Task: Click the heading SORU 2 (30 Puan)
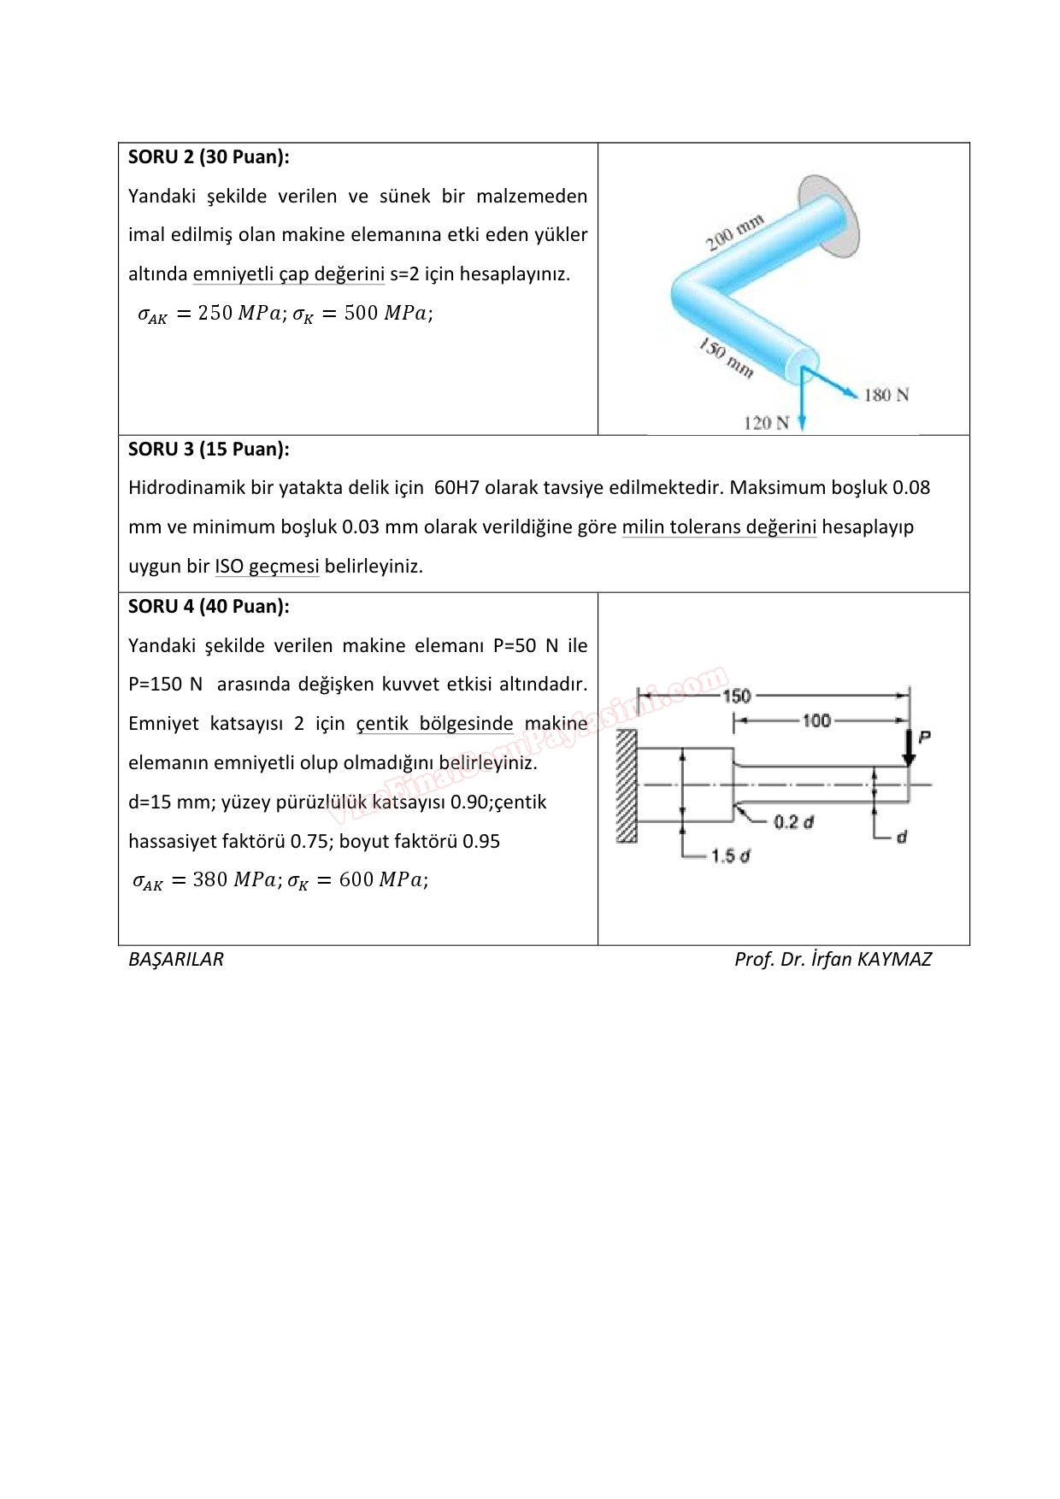pos(209,157)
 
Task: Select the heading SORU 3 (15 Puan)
pos(209,450)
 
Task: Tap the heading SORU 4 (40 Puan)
pos(209,607)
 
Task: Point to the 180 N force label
pos(886,395)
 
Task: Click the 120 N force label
pos(766,423)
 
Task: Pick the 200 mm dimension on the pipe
pos(733,233)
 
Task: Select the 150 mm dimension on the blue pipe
pos(727,358)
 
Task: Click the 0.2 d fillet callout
pos(793,822)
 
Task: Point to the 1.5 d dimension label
pos(730,855)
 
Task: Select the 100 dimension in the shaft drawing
pos(816,720)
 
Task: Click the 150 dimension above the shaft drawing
pos(736,696)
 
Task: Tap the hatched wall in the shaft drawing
pos(627,786)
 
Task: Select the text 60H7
pos(456,488)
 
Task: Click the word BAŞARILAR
pos(176,960)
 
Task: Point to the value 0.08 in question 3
pos(911,488)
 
